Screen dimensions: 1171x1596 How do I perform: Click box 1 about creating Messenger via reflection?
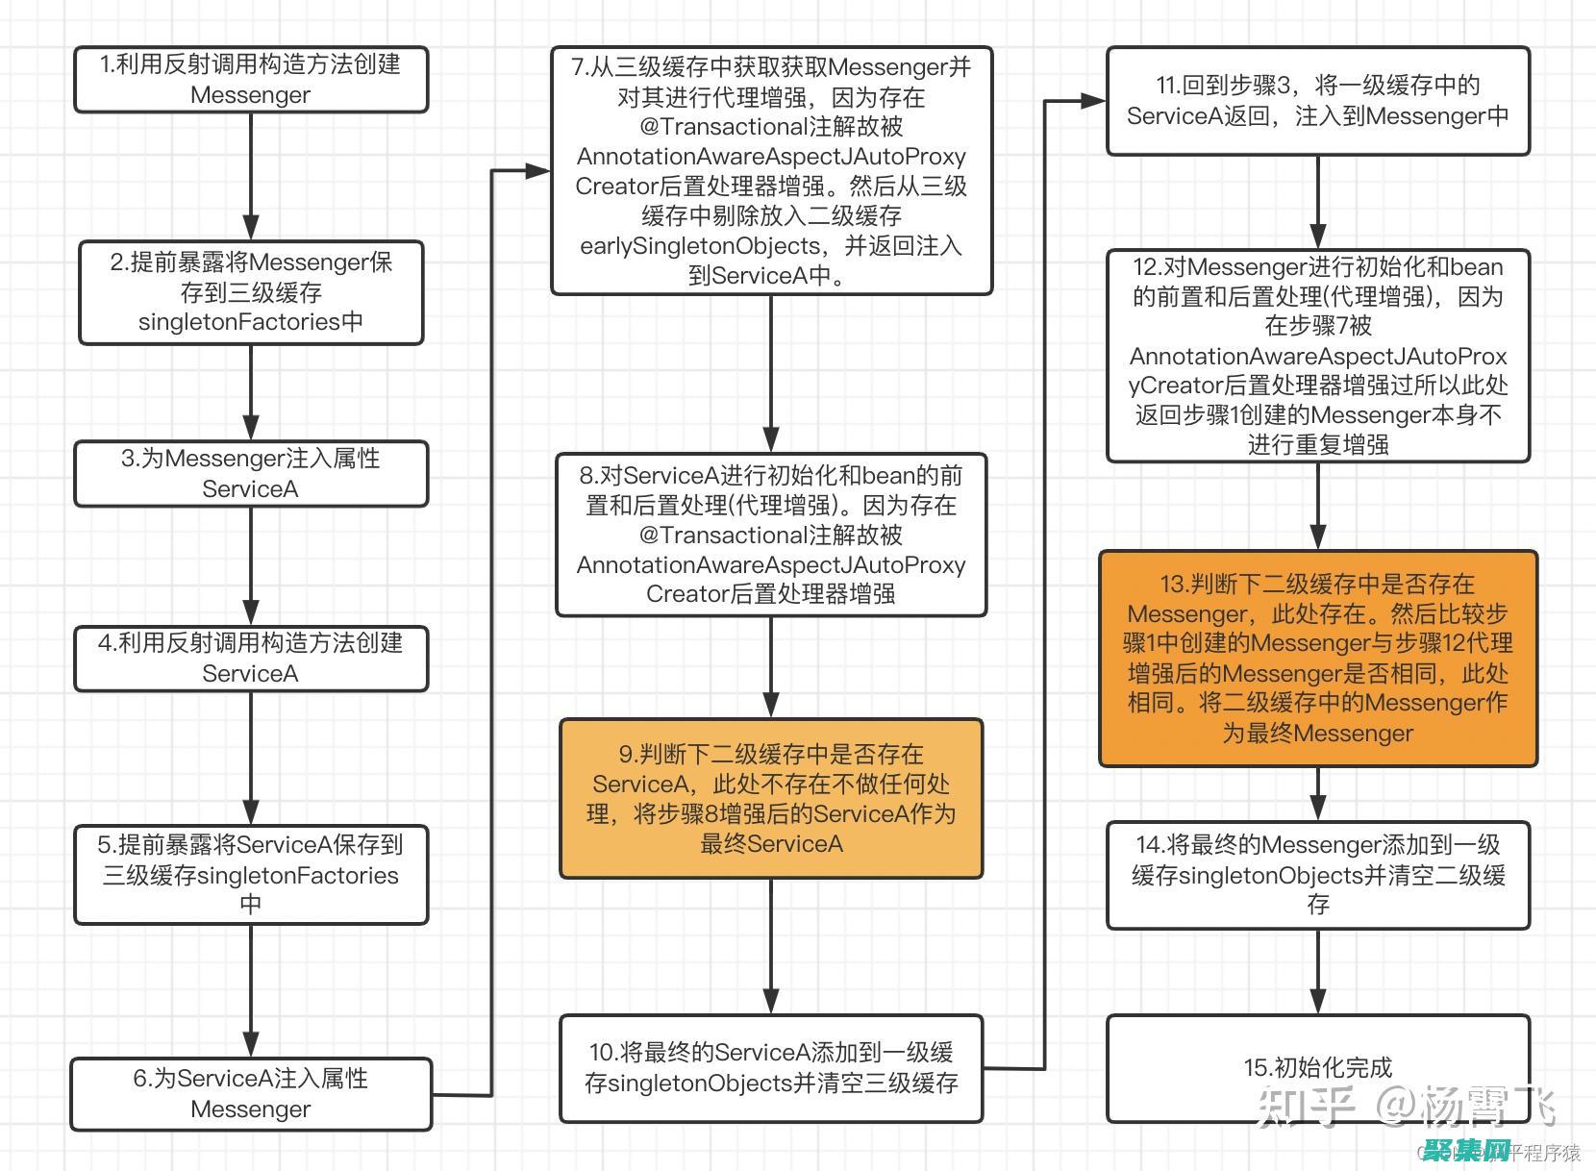click(250, 80)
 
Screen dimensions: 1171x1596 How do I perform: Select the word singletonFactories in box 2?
click(239, 322)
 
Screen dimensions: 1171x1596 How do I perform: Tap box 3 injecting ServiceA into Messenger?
click(250, 473)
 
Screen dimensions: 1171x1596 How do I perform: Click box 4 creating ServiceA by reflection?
click(250, 658)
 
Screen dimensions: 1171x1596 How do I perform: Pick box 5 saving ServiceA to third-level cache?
click(250, 874)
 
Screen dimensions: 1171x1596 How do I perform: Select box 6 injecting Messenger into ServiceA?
click(250, 1094)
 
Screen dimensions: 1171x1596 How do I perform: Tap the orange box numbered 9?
click(771, 798)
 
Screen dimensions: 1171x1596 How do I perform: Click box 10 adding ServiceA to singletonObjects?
click(771, 1067)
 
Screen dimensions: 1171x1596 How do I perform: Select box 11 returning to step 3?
click(1317, 101)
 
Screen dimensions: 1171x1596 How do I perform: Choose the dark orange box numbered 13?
click(1317, 659)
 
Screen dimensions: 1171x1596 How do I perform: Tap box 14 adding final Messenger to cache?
click(1317, 874)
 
